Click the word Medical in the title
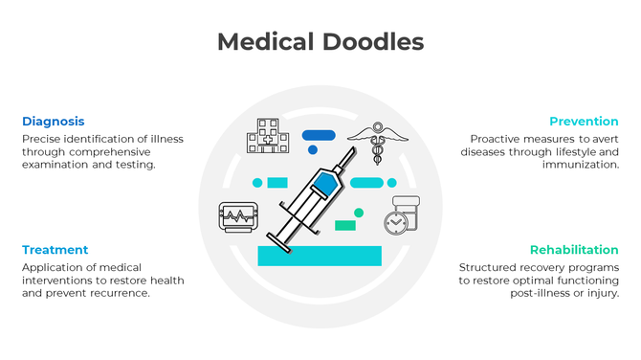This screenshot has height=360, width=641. pyautogui.click(x=265, y=42)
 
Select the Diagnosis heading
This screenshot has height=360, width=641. pyautogui.click(x=54, y=122)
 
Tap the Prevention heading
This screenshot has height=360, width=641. pyautogui.click(x=584, y=122)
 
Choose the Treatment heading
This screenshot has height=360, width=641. pyautogui.click(x=55, y=250)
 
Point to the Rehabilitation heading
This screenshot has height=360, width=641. pyautogui.click(x=575, y=250)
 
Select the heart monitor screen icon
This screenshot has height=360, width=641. pyautogui.click(x=237, y=216)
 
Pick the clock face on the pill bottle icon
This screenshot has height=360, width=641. pyautogui.click(x=396, y=222)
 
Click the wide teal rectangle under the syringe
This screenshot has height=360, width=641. pyautogui.click(x=320, y=256)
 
